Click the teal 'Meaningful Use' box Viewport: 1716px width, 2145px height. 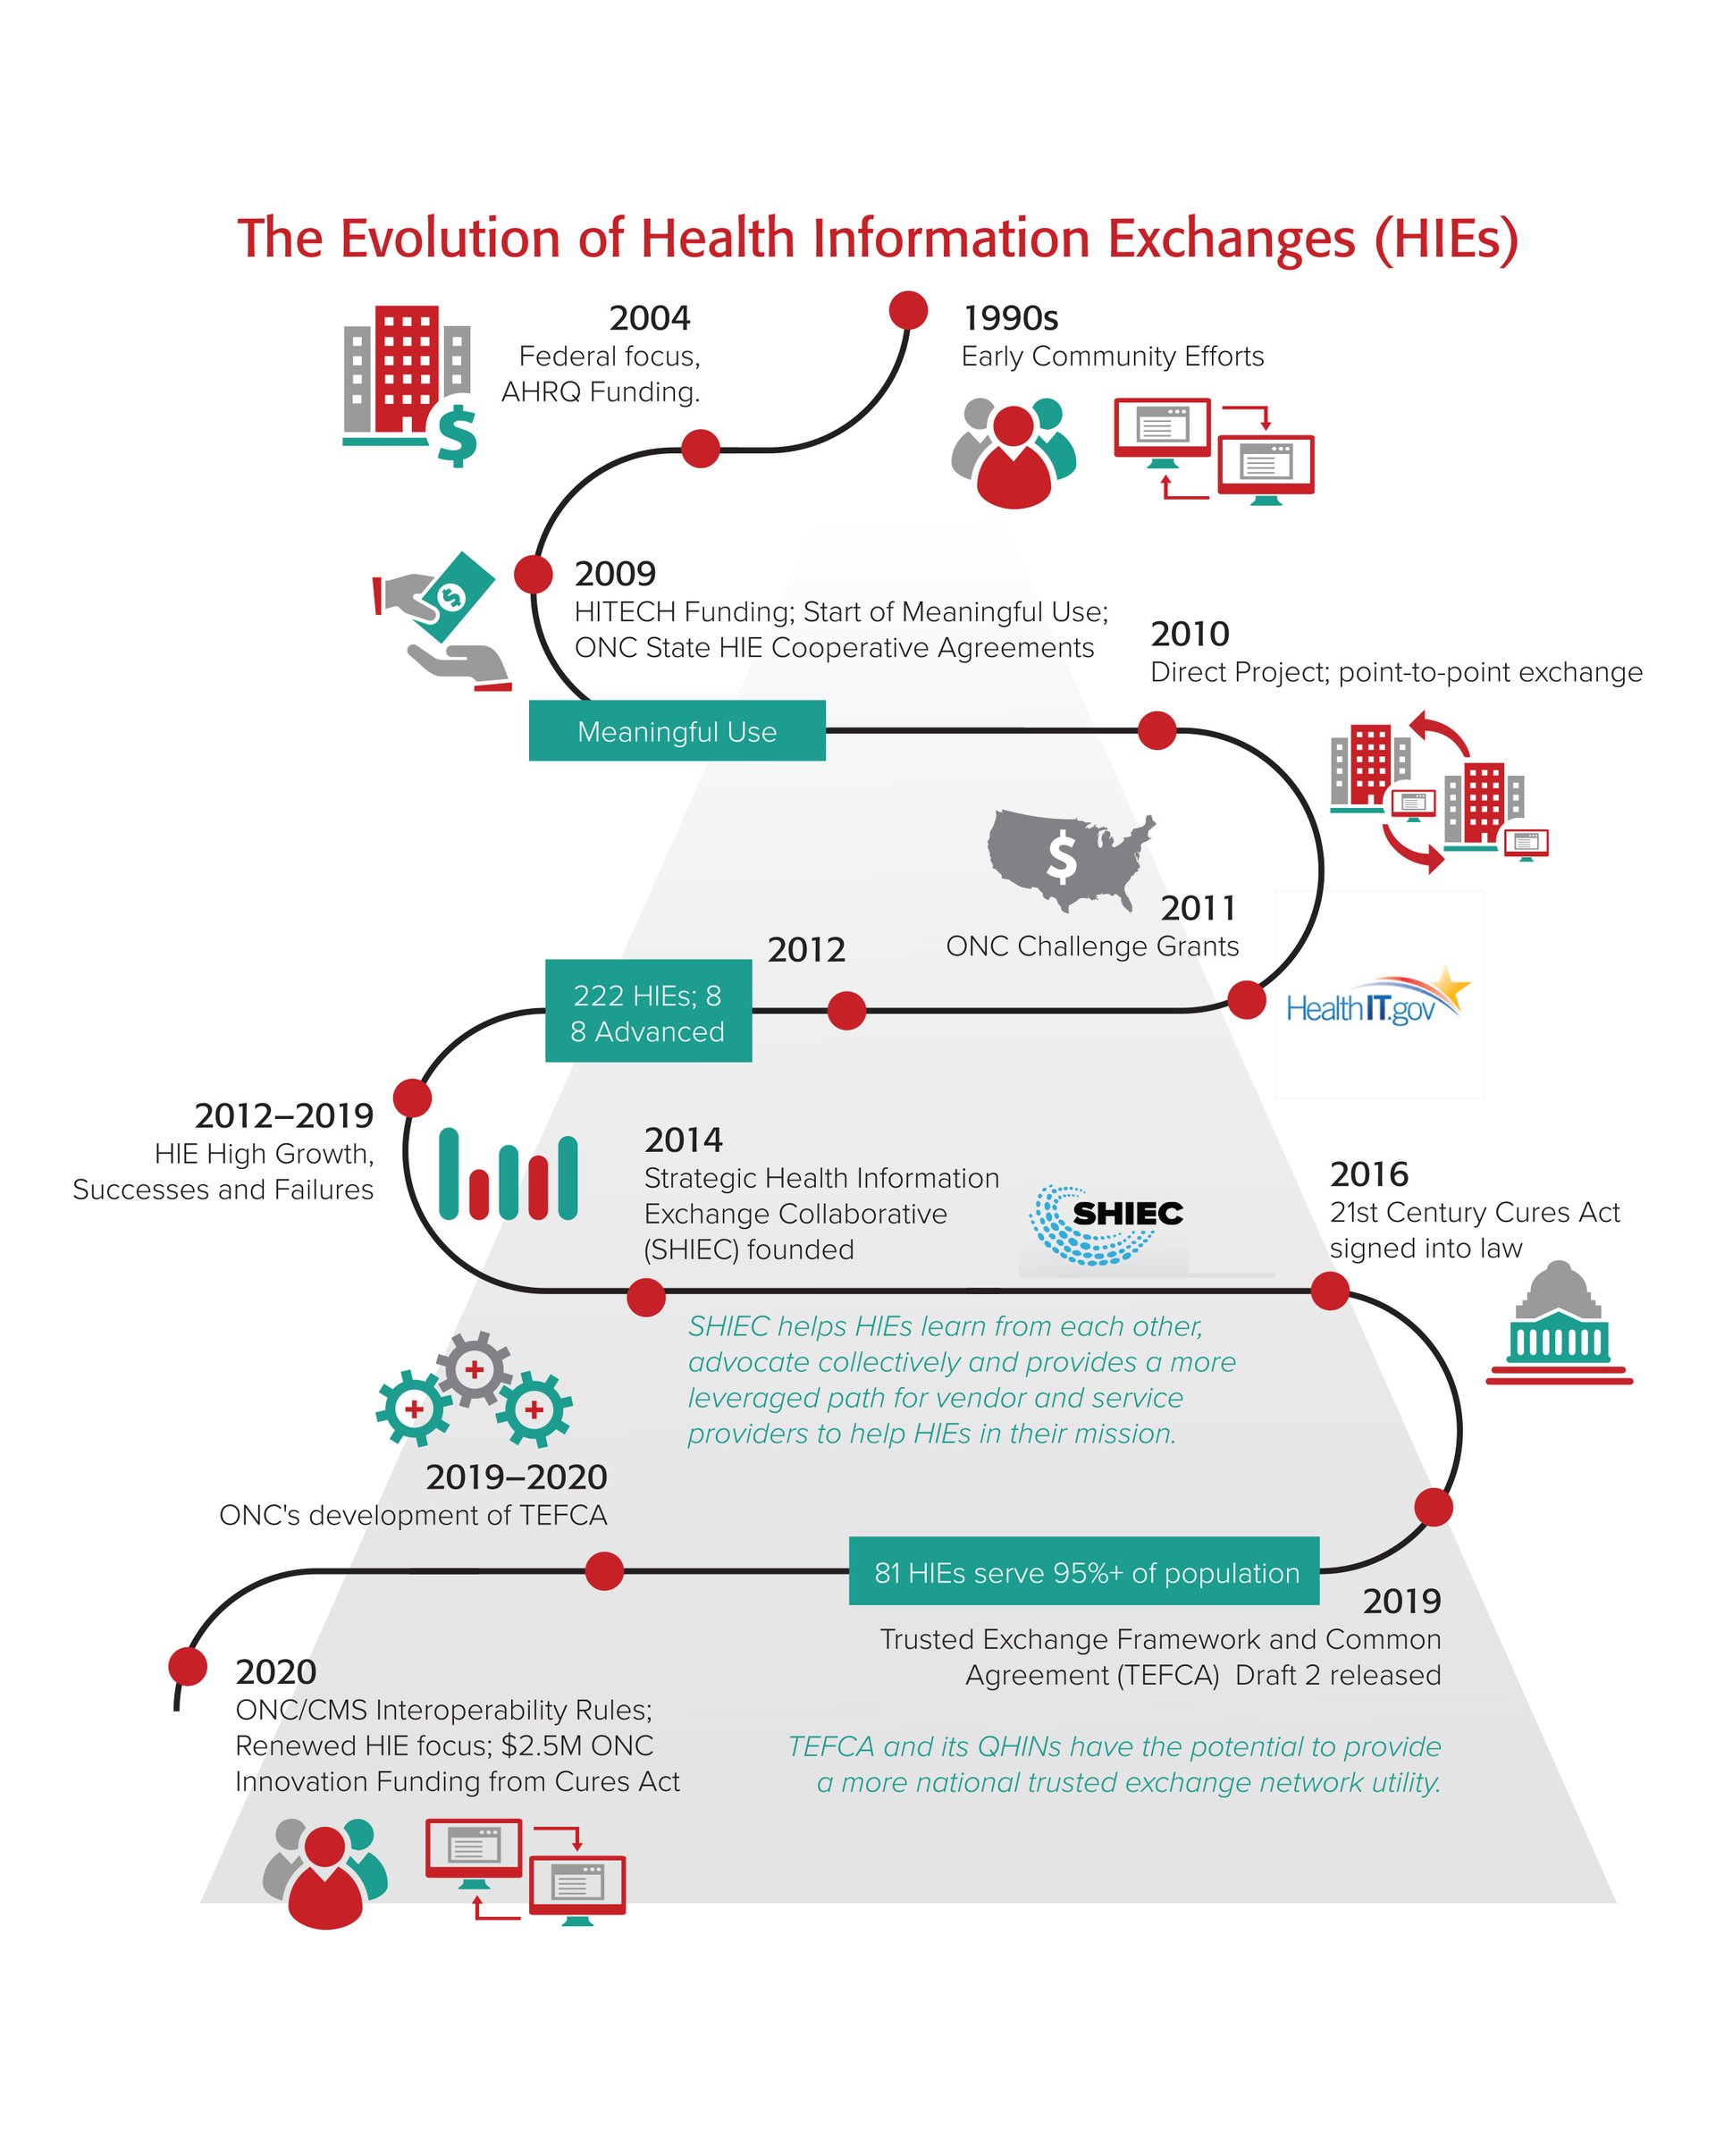677,730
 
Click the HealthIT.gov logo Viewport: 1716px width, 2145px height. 1378,998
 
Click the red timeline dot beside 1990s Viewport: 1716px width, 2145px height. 908,310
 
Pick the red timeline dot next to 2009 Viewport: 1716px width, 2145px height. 534,574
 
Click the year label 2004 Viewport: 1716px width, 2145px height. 650,318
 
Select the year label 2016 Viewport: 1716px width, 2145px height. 1369,1174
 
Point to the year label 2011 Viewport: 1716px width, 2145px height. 1199,907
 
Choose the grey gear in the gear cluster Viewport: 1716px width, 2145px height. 475,1369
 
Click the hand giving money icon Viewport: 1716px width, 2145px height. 442,621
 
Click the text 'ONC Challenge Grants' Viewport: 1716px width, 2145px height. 1092,946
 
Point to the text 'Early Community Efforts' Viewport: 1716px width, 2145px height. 1112,357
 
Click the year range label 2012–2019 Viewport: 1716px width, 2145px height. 284,1115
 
